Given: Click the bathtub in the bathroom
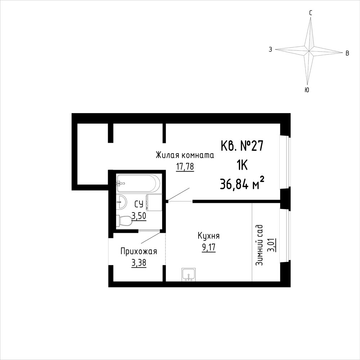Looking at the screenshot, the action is (x=138, y=183).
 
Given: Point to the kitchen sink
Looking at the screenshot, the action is (x=188, y=274).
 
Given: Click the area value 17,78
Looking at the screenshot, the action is (x=185, y=166).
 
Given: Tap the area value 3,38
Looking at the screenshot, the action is (x=139, y=263).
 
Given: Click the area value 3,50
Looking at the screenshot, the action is (x=139, y=216).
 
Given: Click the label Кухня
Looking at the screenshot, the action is (x=209, y=236).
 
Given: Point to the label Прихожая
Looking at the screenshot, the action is (x=139, y=252).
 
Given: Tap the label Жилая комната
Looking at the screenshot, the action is (x=185, y=155).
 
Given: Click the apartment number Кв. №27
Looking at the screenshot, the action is (x=242, y=146).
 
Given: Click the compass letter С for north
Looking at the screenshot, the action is (x=311, y=13).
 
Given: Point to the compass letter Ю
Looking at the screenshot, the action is (x=307, y=90).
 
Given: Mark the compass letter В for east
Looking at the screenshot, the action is (x=347, y=53).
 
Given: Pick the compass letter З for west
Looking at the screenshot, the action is (x=271, y=49).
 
